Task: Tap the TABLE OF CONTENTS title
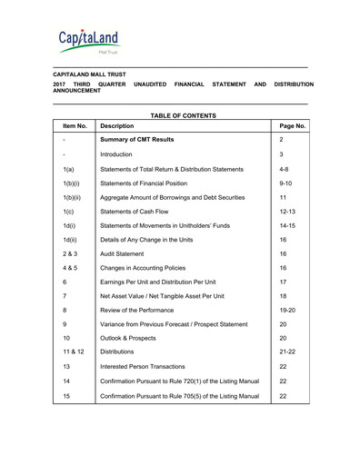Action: click(x=183, y=115)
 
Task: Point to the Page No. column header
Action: click(x=292, y=126)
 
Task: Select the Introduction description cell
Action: click(x=122, y=155)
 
